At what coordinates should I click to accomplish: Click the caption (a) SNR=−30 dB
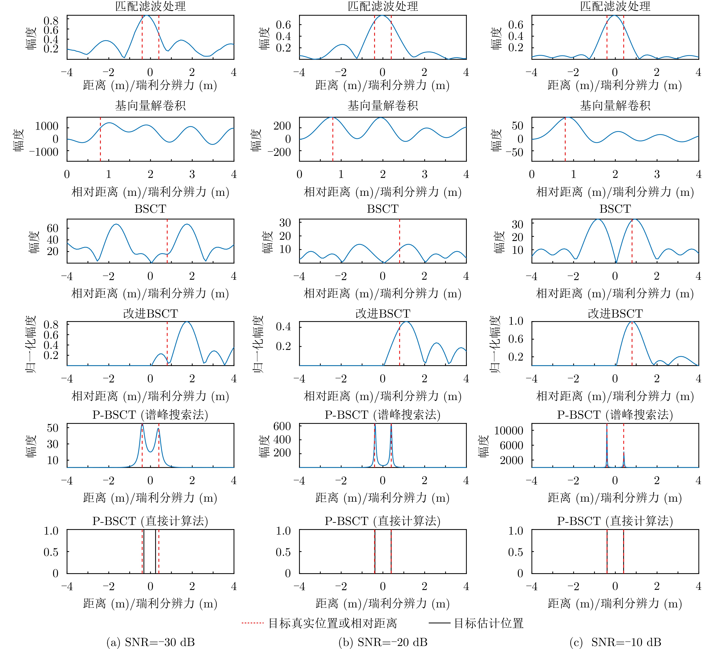click(x=151, y=642)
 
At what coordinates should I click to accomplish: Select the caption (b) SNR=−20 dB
click(x=383, y=642)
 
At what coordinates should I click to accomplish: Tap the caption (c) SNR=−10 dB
click(x=615, y=642)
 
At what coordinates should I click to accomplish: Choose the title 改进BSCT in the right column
click(x=615, y=313)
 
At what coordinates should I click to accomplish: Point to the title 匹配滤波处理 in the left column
click(x=151, y=6)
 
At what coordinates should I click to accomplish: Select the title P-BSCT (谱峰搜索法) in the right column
click(x=615, y=415)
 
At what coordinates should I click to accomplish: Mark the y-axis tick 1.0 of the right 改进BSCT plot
click(x=516, y=321)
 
